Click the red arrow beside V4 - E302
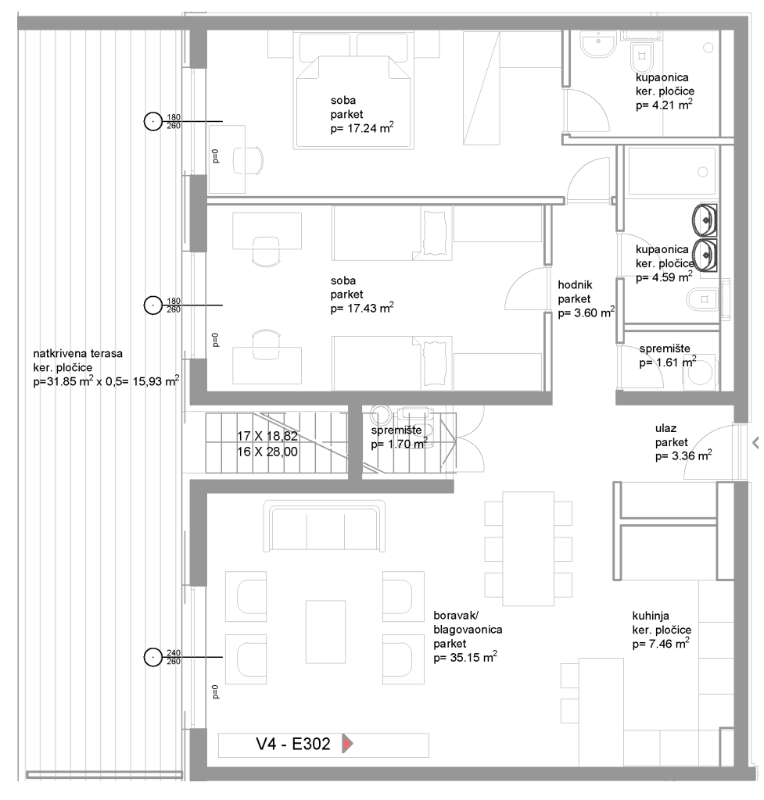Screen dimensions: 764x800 pyautogui.click(x=346, y=744)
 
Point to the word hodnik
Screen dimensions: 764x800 pyautogui.click(x=575, y=284)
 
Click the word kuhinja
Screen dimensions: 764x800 pyautogui.click(x=650, y=616)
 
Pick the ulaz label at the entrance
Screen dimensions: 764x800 pyautogui.click(x=666, y=428)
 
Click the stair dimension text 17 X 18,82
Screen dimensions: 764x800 pyautogui.click(x=267, y=436)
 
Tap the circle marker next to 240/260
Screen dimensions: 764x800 pyautogui.click(x=152, y=657)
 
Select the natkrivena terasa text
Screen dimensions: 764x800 pyautogui.click(x=77, y=353)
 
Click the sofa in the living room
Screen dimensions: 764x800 pyautogui.click(x=325, y=526)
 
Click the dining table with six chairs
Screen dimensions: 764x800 pyautogui.click(x=528, y=548)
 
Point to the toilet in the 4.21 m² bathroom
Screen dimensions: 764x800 pyautogui.click(x=642, y=58)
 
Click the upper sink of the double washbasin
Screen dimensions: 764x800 pyautogui.click(x=705, y=220)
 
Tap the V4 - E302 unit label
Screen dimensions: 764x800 pyautogui.click(x=293, y=744)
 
